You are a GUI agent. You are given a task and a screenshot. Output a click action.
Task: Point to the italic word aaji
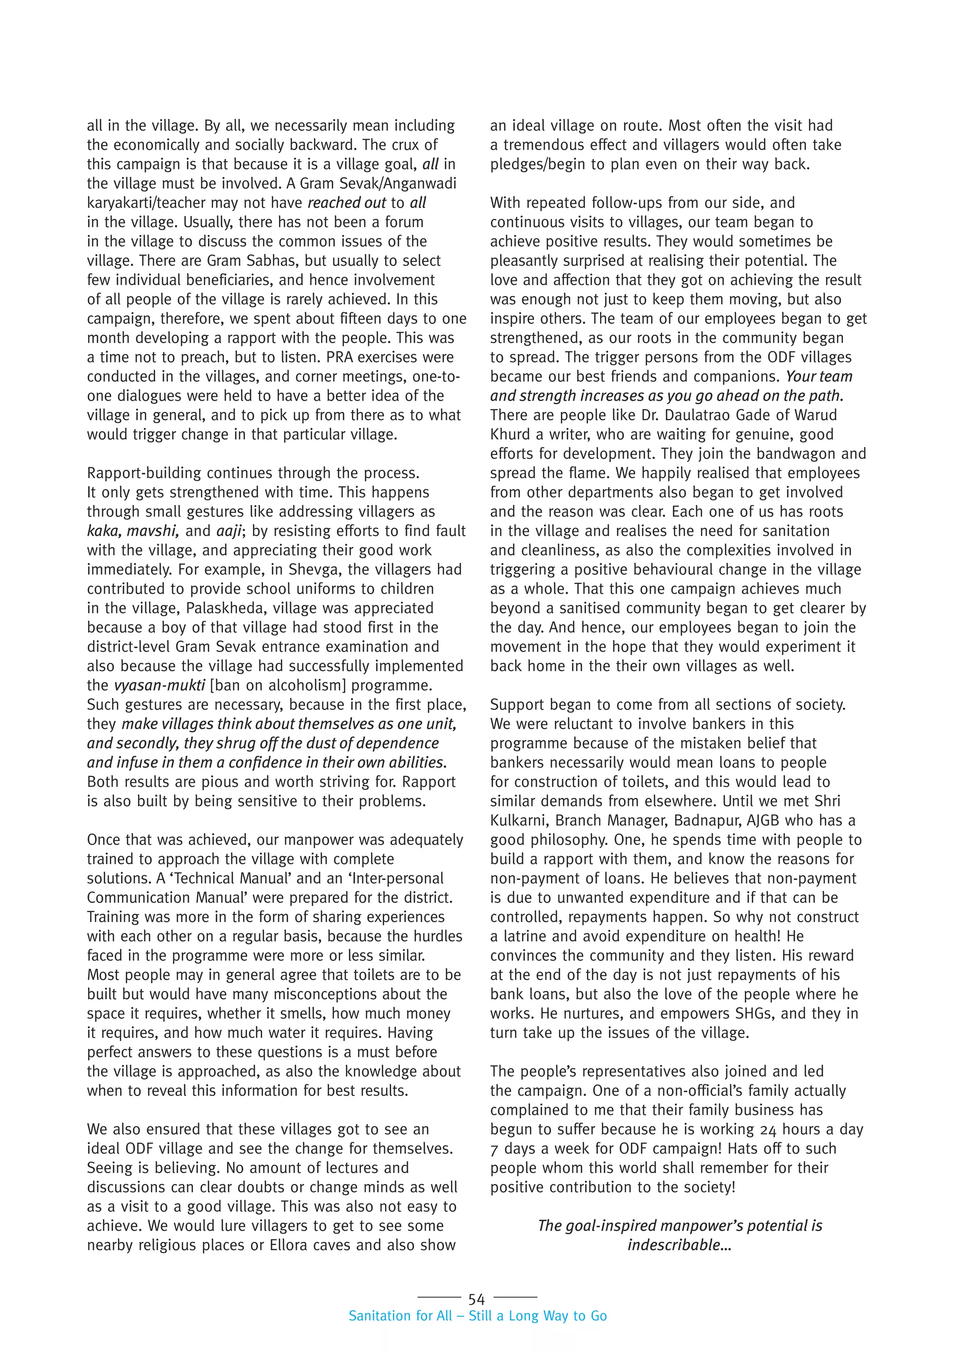pyautogui.click(x=229, y=531)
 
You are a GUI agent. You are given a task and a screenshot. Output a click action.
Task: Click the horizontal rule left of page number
pyautogui.click(x=439, y=1297)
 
